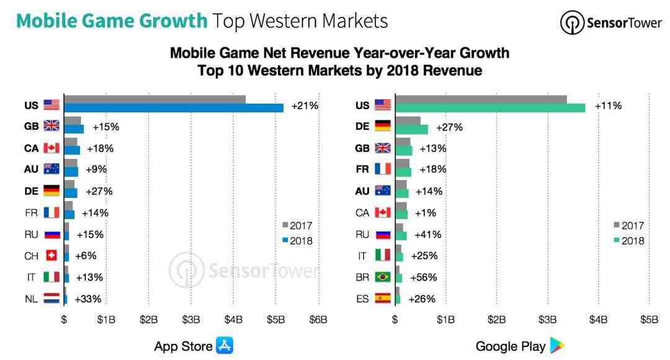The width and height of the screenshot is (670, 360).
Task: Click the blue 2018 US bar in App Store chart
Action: pos(174,108)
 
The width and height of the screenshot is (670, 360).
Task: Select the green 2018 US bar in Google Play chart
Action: pos(490,108)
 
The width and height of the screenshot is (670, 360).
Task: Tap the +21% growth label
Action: pos(305,106)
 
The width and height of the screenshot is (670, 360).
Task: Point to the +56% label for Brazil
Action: pos(424,277)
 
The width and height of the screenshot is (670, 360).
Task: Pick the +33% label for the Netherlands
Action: pos(87,299)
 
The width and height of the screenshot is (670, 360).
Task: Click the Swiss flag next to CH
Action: pos(51,256)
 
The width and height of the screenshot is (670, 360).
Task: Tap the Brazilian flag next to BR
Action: pos(383,277)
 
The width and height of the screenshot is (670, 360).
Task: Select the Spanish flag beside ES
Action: pos(383,299)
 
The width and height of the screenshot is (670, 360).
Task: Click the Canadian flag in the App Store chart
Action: pos(51,148)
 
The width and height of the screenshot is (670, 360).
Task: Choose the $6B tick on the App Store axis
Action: pos(318,320)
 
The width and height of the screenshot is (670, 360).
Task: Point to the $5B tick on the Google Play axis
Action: pos(649,320)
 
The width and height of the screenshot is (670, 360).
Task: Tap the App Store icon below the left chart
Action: pos(224,346)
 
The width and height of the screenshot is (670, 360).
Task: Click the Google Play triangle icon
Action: pos(557,346)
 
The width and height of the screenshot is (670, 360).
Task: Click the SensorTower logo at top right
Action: pos(610,23)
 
